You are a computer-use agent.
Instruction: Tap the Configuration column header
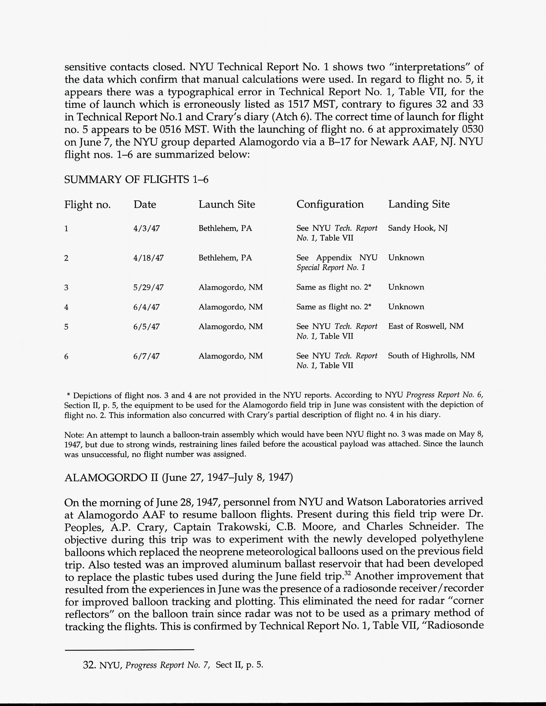tap(330, 204)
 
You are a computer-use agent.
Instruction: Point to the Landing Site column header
tap(419, 204)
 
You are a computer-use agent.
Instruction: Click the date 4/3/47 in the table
tap(146, 228)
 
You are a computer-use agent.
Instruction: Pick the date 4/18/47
tap(148, 258)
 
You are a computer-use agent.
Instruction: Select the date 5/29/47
tap(148, 287)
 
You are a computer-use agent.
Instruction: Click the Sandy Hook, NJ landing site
tap(418, 228)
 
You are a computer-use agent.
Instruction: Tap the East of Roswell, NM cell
tap(426, 326)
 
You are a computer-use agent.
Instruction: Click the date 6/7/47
tap(146, 356)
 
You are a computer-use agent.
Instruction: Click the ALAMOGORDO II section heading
tap(179, 478)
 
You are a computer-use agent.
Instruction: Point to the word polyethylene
tap(452, 539)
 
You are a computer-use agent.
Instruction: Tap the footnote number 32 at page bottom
tap(88, 665)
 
